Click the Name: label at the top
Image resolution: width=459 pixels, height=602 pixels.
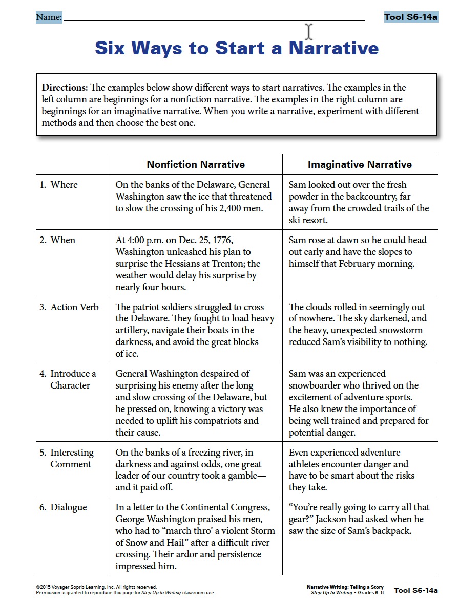(49, 18)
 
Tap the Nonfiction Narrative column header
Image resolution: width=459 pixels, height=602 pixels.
(196, 164)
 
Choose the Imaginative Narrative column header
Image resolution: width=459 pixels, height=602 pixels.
(360, 164)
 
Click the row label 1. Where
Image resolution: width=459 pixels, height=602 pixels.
(59, 185)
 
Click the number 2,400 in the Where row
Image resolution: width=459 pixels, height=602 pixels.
(237, 208)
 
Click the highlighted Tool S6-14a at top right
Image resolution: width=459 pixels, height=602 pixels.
(411, 17)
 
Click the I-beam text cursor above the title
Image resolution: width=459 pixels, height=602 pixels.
(309, 31)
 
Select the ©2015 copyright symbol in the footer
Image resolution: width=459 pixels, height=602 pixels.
(38, 587)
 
